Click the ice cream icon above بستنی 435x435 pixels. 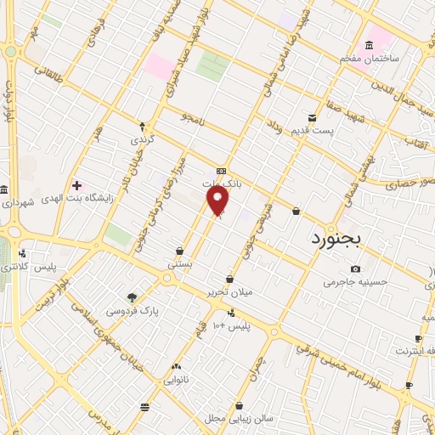[180, 251]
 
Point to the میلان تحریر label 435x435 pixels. [229, 292]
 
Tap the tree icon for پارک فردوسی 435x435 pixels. [132, 297]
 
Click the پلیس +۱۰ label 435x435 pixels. [231, 326]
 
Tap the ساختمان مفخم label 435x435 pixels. [370, 58]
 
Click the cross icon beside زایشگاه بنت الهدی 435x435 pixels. [77, 184]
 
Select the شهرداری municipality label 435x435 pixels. [17, 202]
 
